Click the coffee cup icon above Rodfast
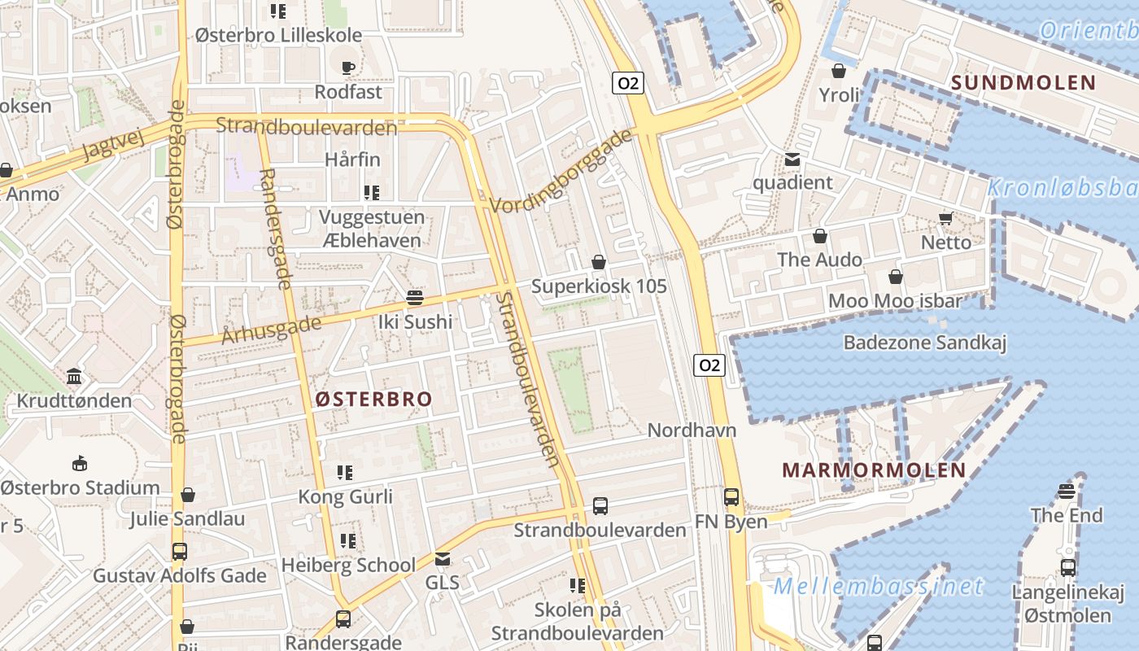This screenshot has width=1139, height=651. click(x=348, y=68)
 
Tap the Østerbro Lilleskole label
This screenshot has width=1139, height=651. click(x=278, y=36)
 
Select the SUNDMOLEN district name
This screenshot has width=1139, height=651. click(x=1023, y=82)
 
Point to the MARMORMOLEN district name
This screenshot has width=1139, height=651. click(x=874, y=470)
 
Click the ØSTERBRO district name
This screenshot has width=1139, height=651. click(x=373, y=399)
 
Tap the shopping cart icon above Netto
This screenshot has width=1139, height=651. click(x=945, y=218)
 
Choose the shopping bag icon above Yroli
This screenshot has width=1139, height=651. click(x=839, y=72)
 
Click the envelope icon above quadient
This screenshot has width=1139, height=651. click(x=792, y=159)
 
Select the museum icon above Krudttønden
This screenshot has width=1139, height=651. click(x=74, y=377)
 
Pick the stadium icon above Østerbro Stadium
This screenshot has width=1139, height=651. click(x=79, y=464)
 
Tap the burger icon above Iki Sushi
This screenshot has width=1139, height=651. click(x=415, y=298)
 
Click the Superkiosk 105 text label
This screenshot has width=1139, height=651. click(x=599, y=286)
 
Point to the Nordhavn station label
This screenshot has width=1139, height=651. click(x=692, y=430)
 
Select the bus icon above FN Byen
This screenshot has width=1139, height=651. click(x=731, y=497)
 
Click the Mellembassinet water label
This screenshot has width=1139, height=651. click(x=879, y=586)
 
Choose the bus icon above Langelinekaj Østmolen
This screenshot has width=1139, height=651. click(x=1067, y=568)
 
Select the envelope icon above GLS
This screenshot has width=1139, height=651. click(x=442, y=559)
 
